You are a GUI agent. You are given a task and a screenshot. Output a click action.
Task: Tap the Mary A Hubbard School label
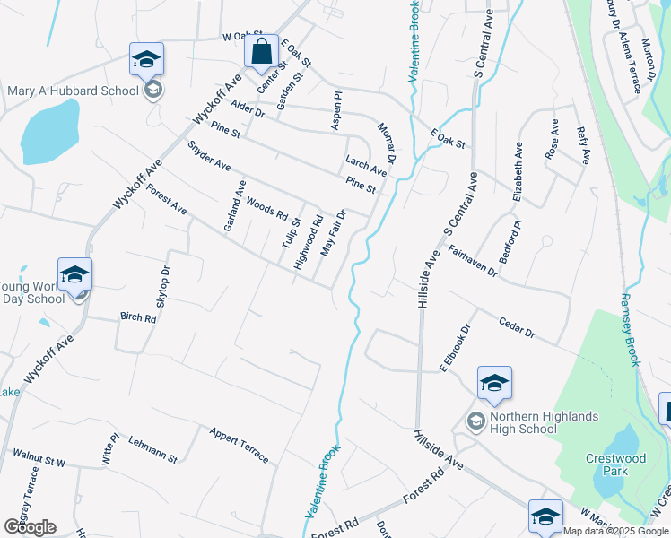click(74, 91)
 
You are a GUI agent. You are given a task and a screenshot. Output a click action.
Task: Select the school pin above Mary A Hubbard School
click(146, 60)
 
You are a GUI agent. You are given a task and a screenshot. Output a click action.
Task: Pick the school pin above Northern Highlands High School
click(493, 384)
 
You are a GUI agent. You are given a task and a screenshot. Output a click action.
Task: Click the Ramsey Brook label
click(631, 329)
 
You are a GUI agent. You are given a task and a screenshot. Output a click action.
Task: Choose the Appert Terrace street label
click(239, 445)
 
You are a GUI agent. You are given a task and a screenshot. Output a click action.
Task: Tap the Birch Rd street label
click(138, 317)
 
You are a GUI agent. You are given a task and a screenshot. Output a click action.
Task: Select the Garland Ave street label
click(235, 205)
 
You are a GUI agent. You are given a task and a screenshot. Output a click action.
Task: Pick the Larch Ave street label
click(366, 165)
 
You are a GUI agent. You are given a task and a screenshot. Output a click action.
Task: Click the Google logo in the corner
click(30, 526)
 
